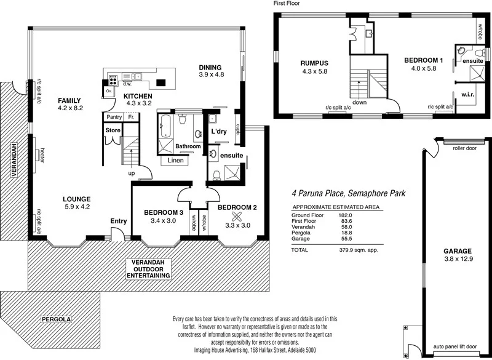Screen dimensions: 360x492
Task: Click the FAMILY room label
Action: click(69, 100)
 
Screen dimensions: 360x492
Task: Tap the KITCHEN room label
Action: click(138, 96)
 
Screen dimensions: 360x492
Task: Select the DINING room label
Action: click(211, 67)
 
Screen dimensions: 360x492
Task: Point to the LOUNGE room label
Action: click(77, 199)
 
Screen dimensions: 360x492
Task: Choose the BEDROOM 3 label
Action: click(164, 212)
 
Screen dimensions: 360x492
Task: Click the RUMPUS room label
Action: click(314, 63)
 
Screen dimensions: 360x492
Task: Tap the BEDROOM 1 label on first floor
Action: click(423, 60)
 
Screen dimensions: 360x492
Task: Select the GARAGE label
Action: click(458, 251)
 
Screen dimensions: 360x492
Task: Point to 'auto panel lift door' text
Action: click(455, 347)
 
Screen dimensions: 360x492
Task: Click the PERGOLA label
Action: click(57, 320)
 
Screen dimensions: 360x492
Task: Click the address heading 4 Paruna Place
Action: click(347, 193)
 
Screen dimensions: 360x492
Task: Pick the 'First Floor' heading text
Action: click(289, 4)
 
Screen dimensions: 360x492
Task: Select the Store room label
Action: click(112, 130)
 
